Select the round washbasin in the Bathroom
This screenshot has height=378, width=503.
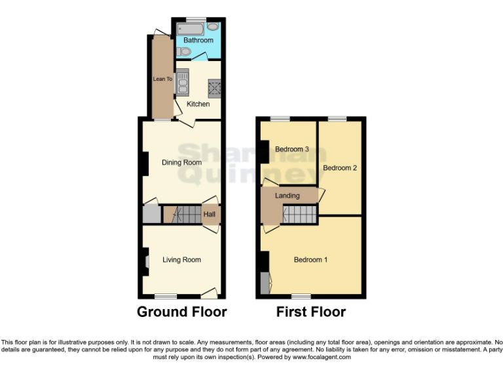(x=214, y=28)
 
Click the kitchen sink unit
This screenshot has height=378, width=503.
(x=183, y=81)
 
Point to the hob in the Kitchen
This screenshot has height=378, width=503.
(x=214, y=87)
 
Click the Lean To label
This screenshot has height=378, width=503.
(x=162, y=79)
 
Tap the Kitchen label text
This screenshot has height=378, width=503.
(x=198, y=104)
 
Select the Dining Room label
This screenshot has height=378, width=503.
(x=182, y=162)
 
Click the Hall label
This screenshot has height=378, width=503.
(x=210, y=214)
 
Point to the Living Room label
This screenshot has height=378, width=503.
(x=181, y=260)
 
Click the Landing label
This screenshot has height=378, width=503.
(x=287, y=196)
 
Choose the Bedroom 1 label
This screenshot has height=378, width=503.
(x=310, y=260)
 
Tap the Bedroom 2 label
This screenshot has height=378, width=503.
(x=340, y=168)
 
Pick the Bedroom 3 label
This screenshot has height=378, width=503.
(x=291, y=149)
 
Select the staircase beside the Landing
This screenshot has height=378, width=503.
(x=301, y=213)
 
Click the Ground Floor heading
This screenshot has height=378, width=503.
(x=181, y=312)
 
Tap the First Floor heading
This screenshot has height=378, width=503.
(x=310, y=312)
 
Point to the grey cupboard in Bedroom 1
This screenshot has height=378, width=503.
(x=265, y=283)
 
